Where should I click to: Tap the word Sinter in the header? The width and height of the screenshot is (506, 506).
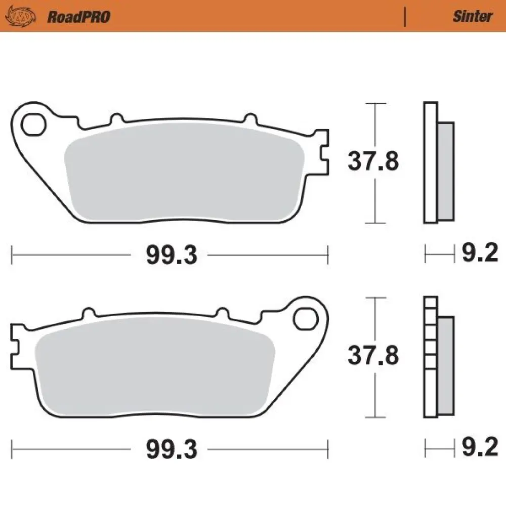(472, 17)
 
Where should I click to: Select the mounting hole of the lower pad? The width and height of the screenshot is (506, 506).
(304, 319)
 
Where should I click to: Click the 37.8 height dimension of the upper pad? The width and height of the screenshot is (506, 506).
(373, 162)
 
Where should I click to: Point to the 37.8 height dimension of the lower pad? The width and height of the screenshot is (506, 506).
(373, 356)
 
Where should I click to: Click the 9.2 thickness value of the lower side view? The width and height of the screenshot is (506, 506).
(480, 448)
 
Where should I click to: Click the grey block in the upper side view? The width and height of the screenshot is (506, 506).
(445, 172)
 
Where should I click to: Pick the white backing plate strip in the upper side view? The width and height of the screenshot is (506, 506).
(430, 162)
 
